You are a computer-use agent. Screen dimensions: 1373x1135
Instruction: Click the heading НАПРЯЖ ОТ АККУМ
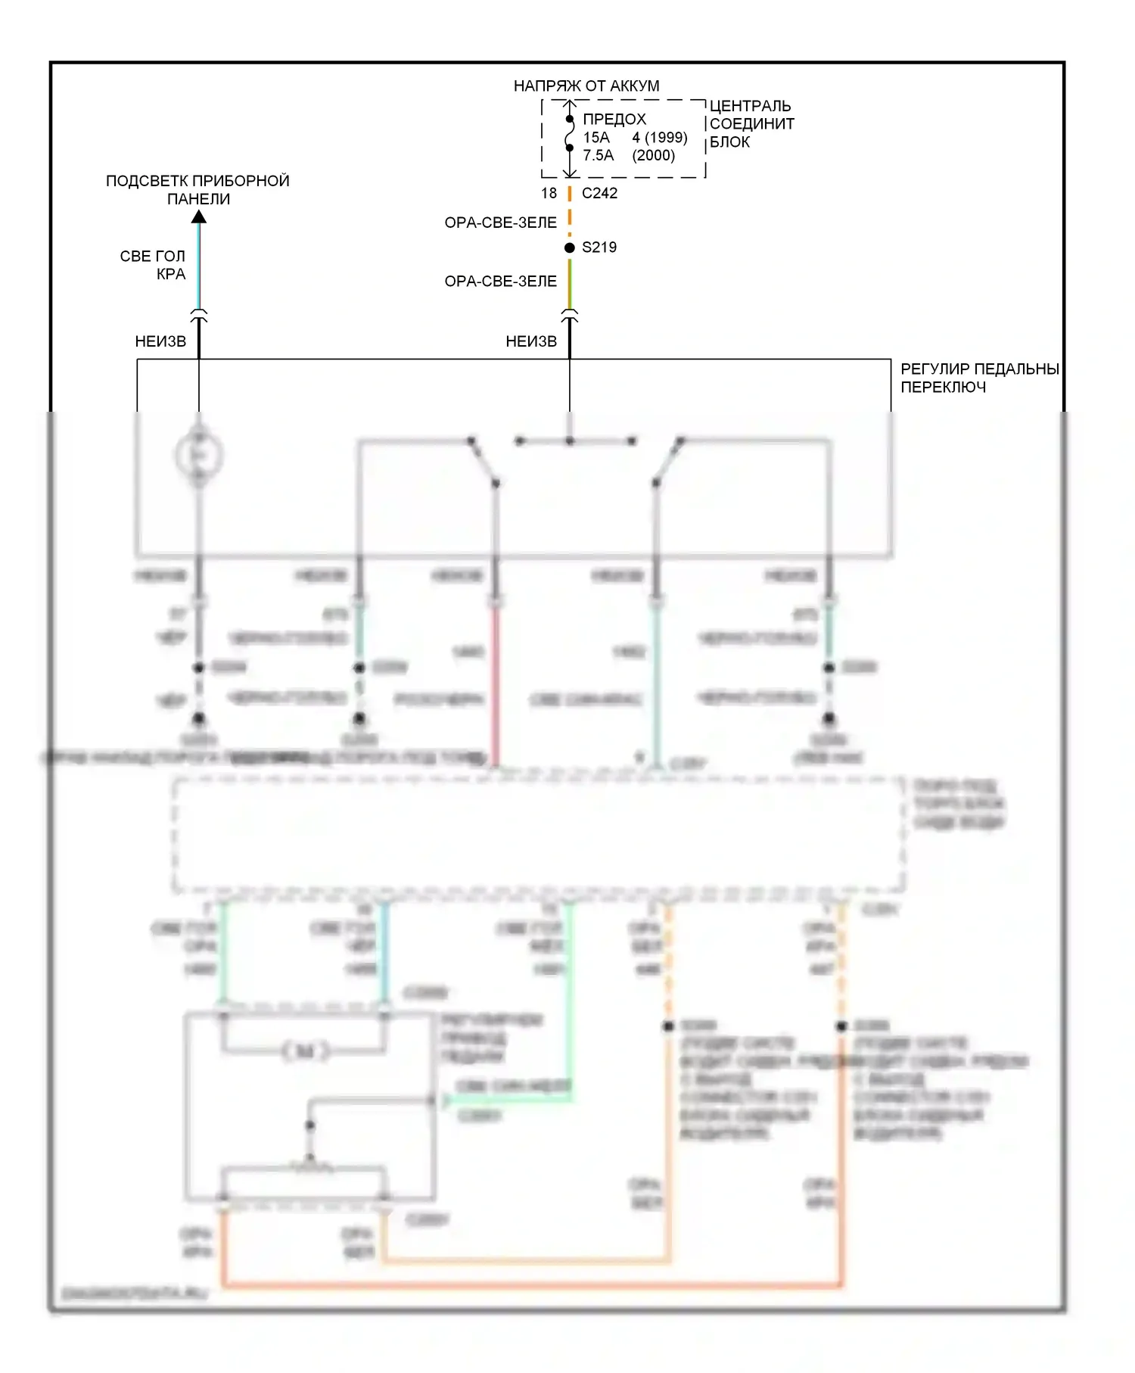pyautogui.click(x=586, y=86)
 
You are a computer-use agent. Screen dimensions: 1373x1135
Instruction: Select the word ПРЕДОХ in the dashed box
pyautogui.click(x=614, y=120)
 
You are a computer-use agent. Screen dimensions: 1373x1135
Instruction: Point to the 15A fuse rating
pyautogui.click(x=595, y=138)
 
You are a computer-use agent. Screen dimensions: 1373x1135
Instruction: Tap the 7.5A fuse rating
pyautogui.click(x=598, y=156)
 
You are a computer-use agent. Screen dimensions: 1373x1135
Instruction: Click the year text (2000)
pyautogui.click(x=653, y=156)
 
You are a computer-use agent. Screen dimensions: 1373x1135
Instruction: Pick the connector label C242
pyautogui.click(x=599, y=194)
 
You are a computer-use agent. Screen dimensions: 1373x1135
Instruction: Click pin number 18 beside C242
pyautogui.click(x=549, y=194)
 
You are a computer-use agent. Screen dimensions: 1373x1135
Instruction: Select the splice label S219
pyautogui.click(x=599, y=248)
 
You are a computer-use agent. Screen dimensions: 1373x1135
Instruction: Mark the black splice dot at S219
pyautogui.click(x=570, y=248)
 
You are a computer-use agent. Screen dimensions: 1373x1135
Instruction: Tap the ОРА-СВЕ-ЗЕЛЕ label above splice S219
pyautogui.click(x=500, y=223)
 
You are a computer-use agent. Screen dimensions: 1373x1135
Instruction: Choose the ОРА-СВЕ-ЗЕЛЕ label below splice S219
pyautogui.click(x=500, y=282)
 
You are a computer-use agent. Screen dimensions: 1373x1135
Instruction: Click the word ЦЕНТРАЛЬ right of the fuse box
pyautogui.click(x=750, y=106)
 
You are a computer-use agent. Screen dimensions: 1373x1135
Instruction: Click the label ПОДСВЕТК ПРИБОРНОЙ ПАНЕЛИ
pyautogui.click(x=197, y=190)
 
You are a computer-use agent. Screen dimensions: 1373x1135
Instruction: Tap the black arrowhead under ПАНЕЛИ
pyautogui.click(x=198, y=217)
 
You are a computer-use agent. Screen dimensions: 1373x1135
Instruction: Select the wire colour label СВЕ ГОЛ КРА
pyautogui.click(x=154, y=265)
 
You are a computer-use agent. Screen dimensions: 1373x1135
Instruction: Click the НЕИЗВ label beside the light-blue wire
pyautogui.click(x=160, y=341)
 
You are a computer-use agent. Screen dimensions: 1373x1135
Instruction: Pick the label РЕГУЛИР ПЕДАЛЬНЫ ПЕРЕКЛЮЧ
pyautogui.click(x=978, y=378)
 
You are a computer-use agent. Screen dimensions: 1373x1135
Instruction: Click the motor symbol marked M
pyautogui.click(x=304, y=1051)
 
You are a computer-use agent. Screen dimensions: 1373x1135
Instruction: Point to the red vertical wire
pyautogui.click(x=496, y=685)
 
